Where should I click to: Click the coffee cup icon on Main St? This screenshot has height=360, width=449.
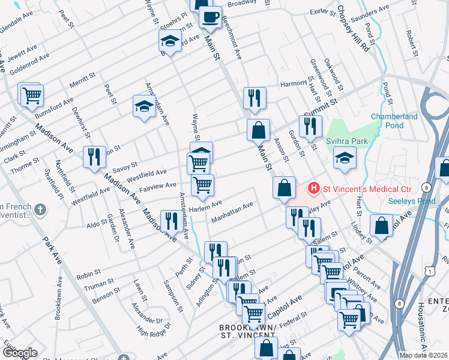pos(210,17)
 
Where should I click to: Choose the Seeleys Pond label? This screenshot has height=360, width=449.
pos(411,201)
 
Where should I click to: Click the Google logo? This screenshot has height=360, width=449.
pos(19,353)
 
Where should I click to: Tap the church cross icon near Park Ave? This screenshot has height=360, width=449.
pos(40,210)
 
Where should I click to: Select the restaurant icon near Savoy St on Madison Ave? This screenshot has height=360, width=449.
pos(94,157)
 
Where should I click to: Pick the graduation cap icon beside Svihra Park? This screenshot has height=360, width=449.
pos(344,159)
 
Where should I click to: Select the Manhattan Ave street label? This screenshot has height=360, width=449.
pos(232,214)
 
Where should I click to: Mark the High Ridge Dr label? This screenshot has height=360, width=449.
pos(150,329)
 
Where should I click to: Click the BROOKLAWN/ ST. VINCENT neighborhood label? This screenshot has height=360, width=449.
pos(247,331)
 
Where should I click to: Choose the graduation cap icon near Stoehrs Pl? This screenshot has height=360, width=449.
pos(170,41)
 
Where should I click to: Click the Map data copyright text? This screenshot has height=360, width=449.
pos(423,355)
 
